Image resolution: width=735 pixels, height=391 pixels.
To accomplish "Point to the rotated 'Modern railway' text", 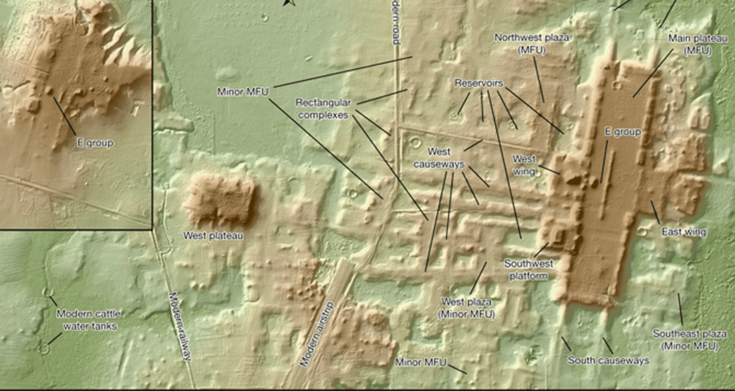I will (179, 325).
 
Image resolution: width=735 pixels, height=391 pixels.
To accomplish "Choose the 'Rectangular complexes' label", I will (323, 109).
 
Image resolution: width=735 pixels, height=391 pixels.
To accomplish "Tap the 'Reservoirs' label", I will (479, 84).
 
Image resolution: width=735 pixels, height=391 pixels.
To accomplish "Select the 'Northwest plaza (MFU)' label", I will (532, 43).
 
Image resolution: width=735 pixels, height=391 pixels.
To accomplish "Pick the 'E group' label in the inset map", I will (94, 143).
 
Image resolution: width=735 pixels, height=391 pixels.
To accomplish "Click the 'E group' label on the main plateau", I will (622, 132).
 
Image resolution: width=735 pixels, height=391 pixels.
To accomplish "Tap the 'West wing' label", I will (524, 164).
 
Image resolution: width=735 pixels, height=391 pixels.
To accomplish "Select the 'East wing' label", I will (684, 232).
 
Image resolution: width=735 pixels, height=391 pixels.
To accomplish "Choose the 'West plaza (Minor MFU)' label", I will (466, 308).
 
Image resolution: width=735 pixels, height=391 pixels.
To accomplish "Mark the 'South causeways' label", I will (608, 360).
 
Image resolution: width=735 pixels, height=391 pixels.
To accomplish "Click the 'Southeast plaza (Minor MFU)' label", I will (686, 340).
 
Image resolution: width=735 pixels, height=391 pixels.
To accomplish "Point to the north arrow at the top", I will (289, 3).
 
